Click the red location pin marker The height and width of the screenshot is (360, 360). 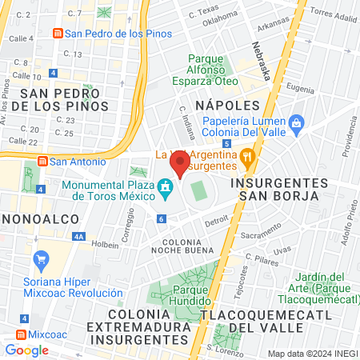tap(181, 166)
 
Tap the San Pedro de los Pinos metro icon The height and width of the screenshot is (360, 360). tap(57, 34)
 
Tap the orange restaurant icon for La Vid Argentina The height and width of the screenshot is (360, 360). tap(247, 157)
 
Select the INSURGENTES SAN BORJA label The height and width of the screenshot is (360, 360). tap(274, 188)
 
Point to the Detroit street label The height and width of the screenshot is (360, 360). tap(216, 221)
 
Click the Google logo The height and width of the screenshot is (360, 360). tap(27, 350)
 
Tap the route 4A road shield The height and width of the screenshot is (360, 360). tap(78, 236)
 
